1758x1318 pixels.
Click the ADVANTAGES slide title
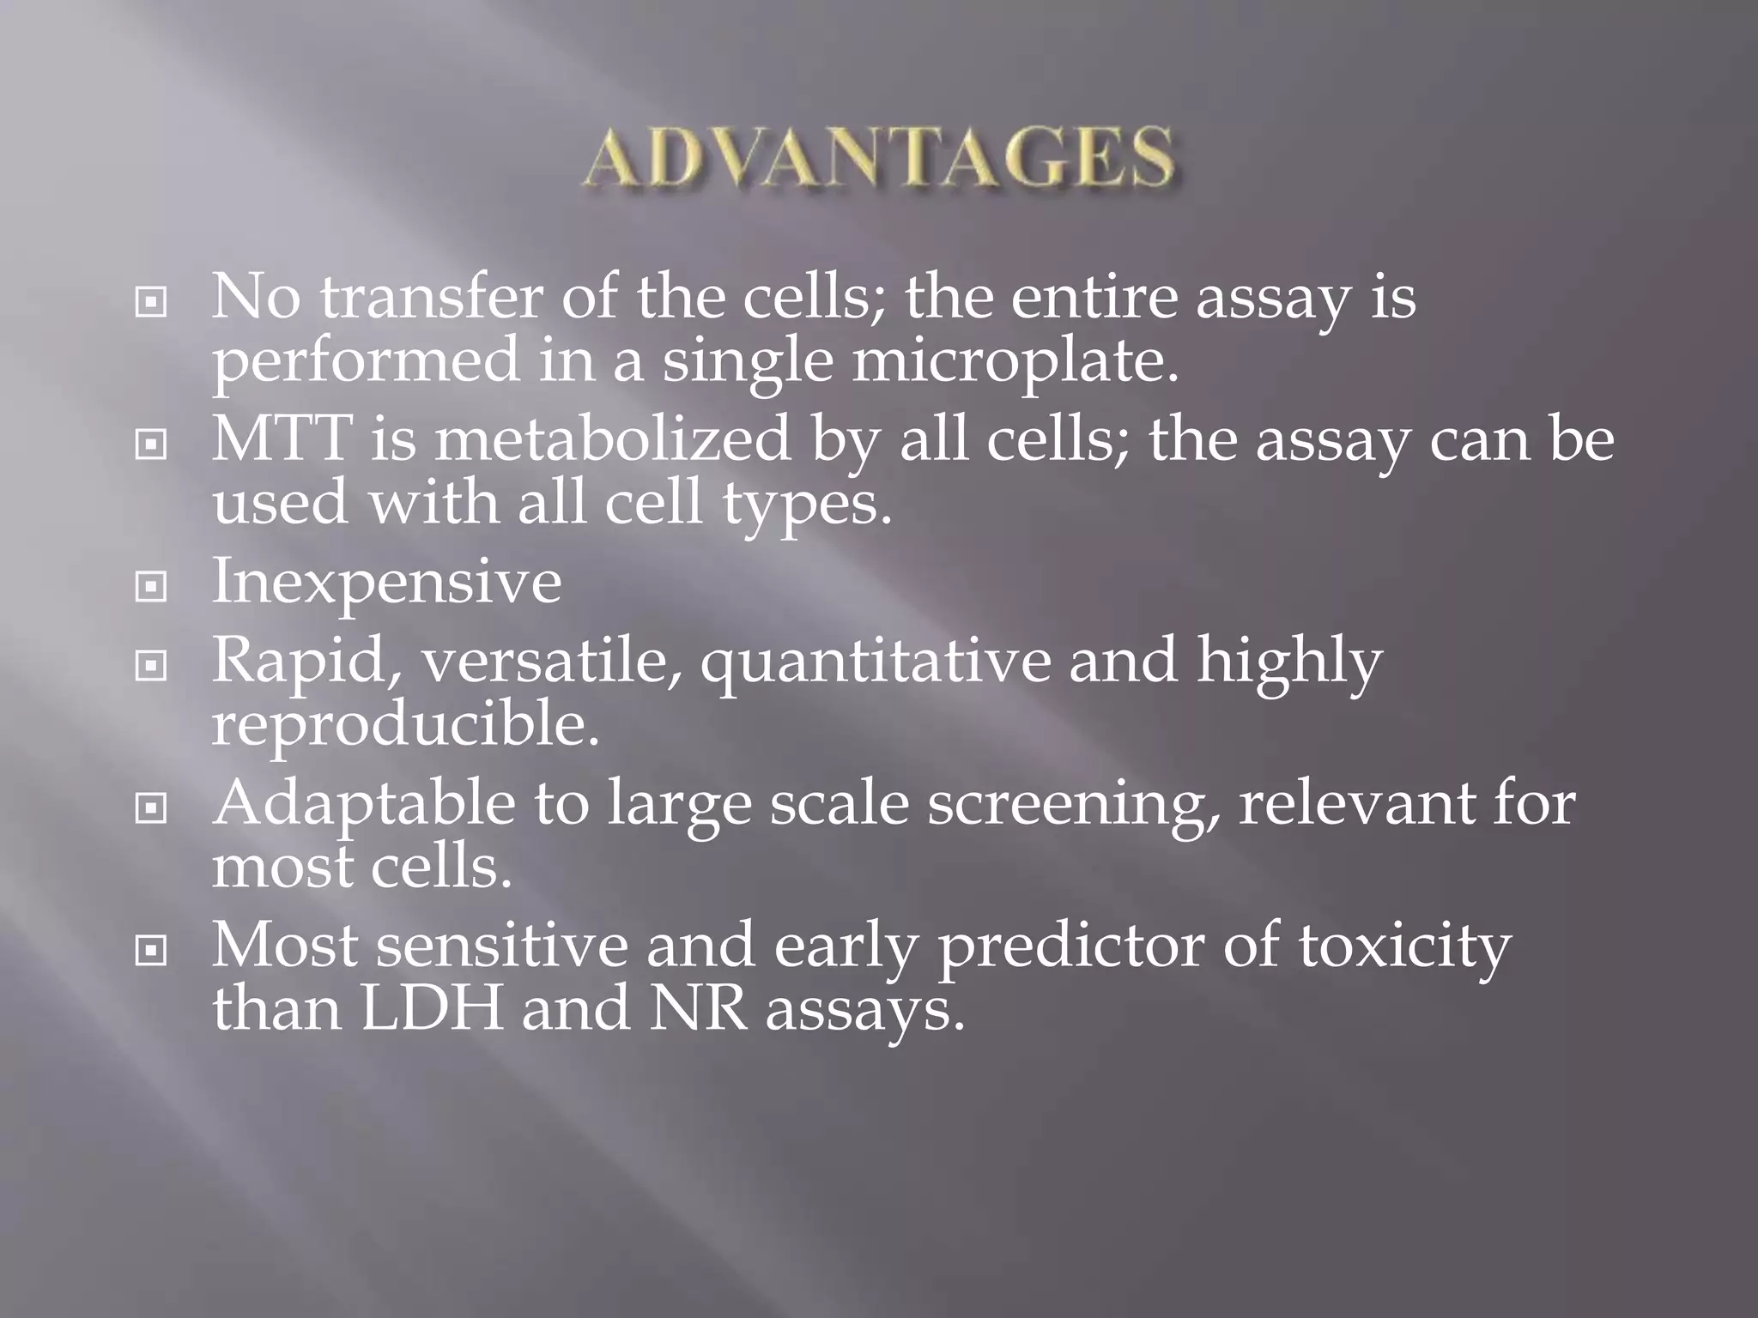pyautogui.click(x=878, y=158)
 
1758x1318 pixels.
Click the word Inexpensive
pyautogui.click(x=386, y=582)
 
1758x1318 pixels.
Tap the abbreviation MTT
pyautogui.click(x=282, y=438)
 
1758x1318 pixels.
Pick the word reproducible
pyautogui.click(x=404, y=725)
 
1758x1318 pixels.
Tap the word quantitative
pyautogui.click(x=876, y=662)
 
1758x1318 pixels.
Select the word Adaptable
pyautogui.click(x=364, y=805)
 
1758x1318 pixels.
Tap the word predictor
pyautogui.click(x=1072, y=947)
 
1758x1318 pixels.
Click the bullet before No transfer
pyautogui.click(x=151, y=302)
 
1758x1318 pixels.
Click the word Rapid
pyautogui.click(x=306, y=662)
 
